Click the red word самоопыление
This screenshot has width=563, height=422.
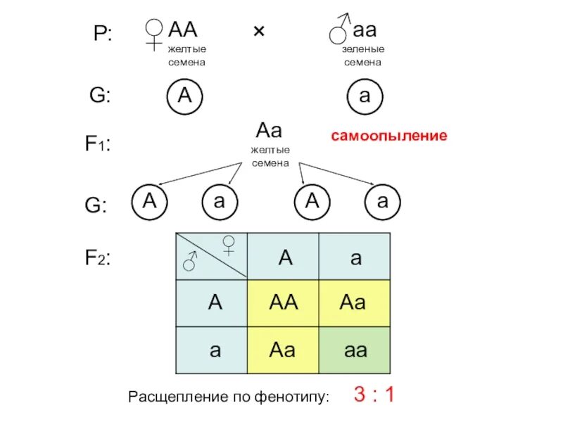[x=389, y=136]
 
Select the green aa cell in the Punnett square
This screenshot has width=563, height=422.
[x=355, y=350]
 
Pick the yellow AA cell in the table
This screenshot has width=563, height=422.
[x=284, y=303]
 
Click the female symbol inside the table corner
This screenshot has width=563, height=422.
[x=229, y=245]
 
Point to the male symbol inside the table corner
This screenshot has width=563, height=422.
[x=190, y=262]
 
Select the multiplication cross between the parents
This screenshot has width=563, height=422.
[x=258, y=32]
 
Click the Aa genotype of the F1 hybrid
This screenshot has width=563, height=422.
[x=269, y=131]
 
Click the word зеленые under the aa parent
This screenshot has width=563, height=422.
[x=363, y=51]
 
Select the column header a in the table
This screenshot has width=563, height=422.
[x=355, y=257]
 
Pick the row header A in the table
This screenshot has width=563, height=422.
[x=215, y=303]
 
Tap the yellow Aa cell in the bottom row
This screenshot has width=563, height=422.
[x=281, y=350]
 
